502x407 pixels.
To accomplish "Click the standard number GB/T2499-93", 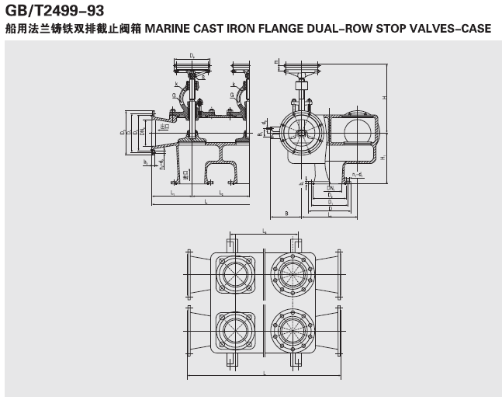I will pos(54,11).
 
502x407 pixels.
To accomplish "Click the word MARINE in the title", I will pos(170,29).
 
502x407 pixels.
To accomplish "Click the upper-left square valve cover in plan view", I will pos(232,276).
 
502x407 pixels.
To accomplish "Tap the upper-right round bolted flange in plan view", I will pos(293,276).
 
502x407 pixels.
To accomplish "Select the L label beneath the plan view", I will pos(263,374).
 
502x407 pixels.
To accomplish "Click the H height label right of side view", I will pos(384,97).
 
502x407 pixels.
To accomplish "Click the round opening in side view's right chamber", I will pos(359,127).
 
